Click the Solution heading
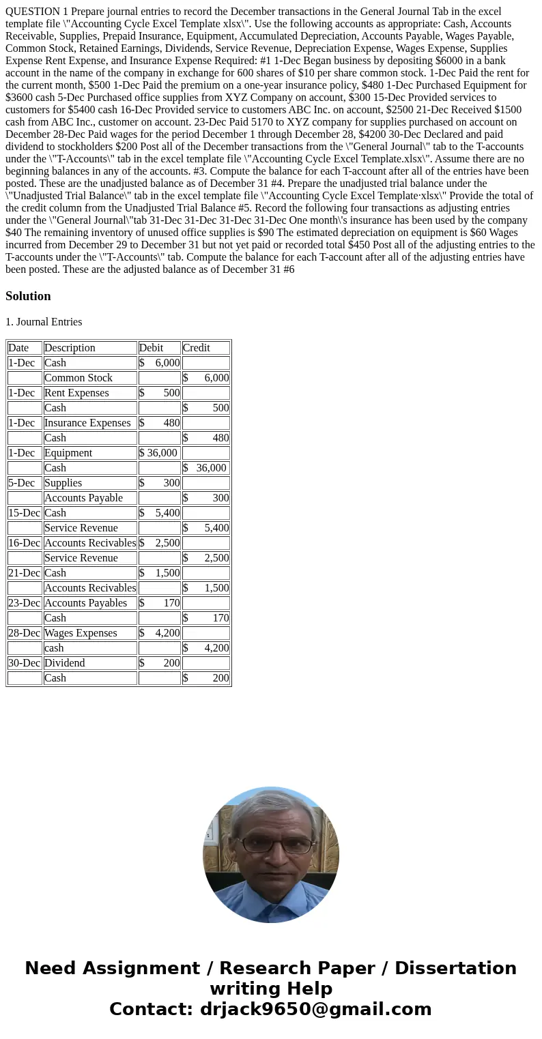click(x=28, y=296)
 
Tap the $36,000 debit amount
click(x=158, y=453)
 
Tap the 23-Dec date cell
click(x=24, y=603)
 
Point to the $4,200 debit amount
click(x=160, y=633)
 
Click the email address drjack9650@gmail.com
click(x=315, y=1009)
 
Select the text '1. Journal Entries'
click(x=44, y=322)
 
